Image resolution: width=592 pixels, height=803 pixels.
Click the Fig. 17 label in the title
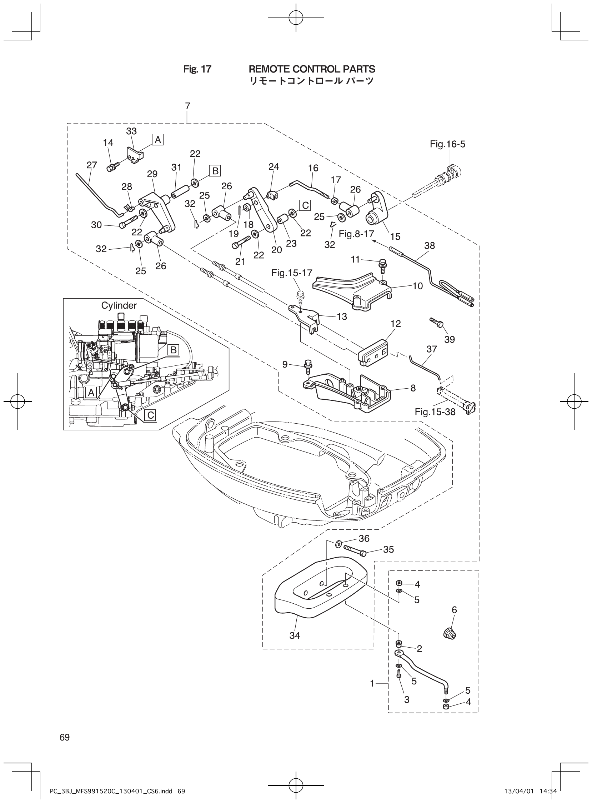197,69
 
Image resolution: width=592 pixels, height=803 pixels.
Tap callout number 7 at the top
187,106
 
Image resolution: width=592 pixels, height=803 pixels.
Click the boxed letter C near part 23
305,205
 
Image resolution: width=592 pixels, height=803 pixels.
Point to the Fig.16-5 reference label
448,144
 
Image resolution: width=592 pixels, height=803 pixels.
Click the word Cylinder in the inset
119,305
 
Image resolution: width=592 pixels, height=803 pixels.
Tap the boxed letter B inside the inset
174,350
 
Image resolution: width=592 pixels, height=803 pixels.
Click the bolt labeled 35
355,550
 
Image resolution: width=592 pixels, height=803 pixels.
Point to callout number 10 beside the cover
417,286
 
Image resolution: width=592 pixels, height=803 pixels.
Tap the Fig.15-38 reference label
435,412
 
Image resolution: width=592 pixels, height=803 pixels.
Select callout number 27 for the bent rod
92,165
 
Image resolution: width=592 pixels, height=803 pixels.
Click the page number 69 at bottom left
65,737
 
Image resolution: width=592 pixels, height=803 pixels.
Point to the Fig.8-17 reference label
356,234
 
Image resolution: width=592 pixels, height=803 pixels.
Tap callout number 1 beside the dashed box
372,684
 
